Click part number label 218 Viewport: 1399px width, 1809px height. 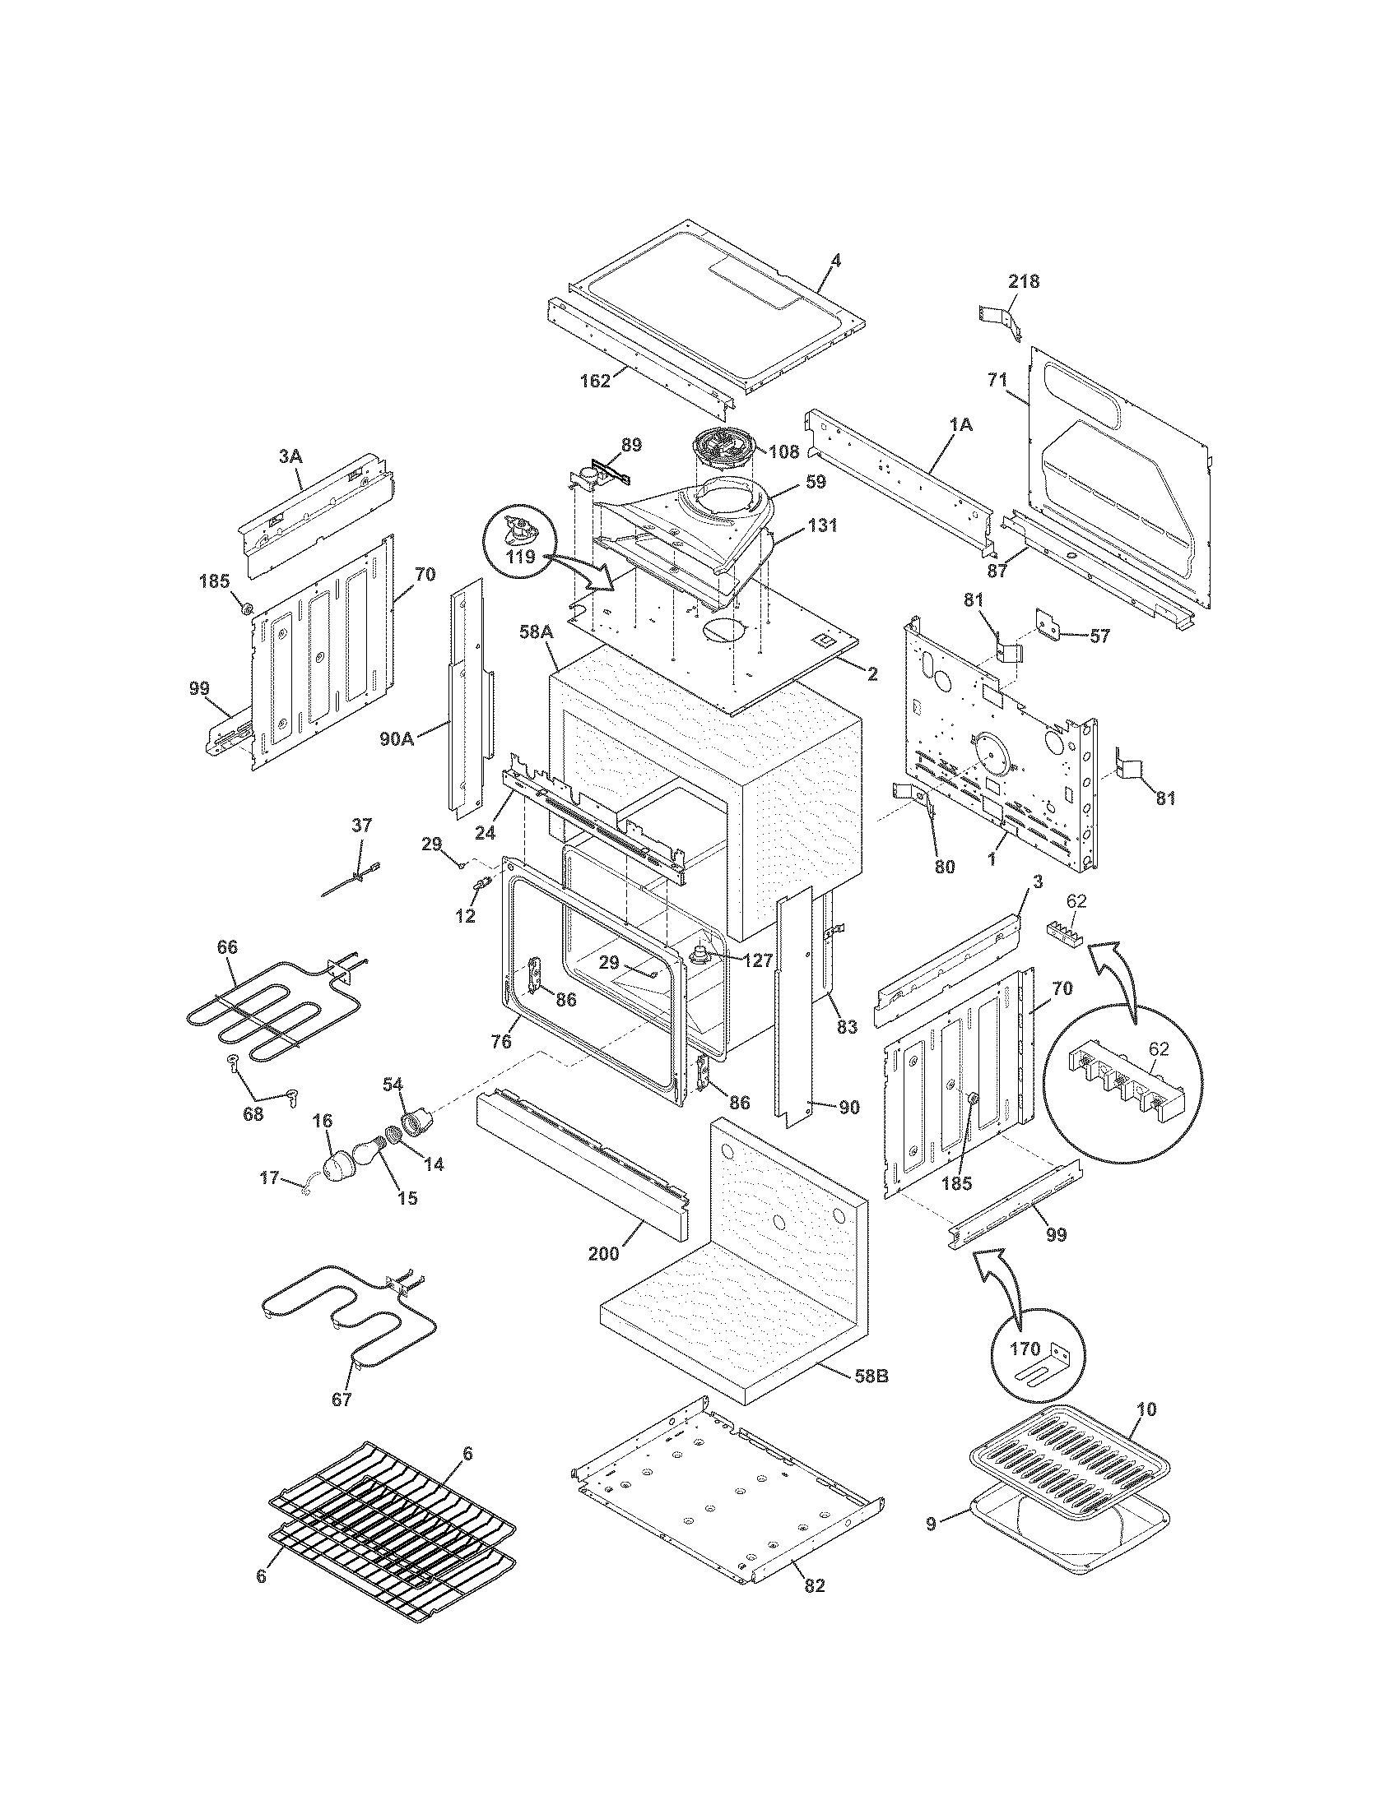pos(1023,281)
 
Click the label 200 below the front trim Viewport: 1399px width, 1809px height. pos(603,1253)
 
